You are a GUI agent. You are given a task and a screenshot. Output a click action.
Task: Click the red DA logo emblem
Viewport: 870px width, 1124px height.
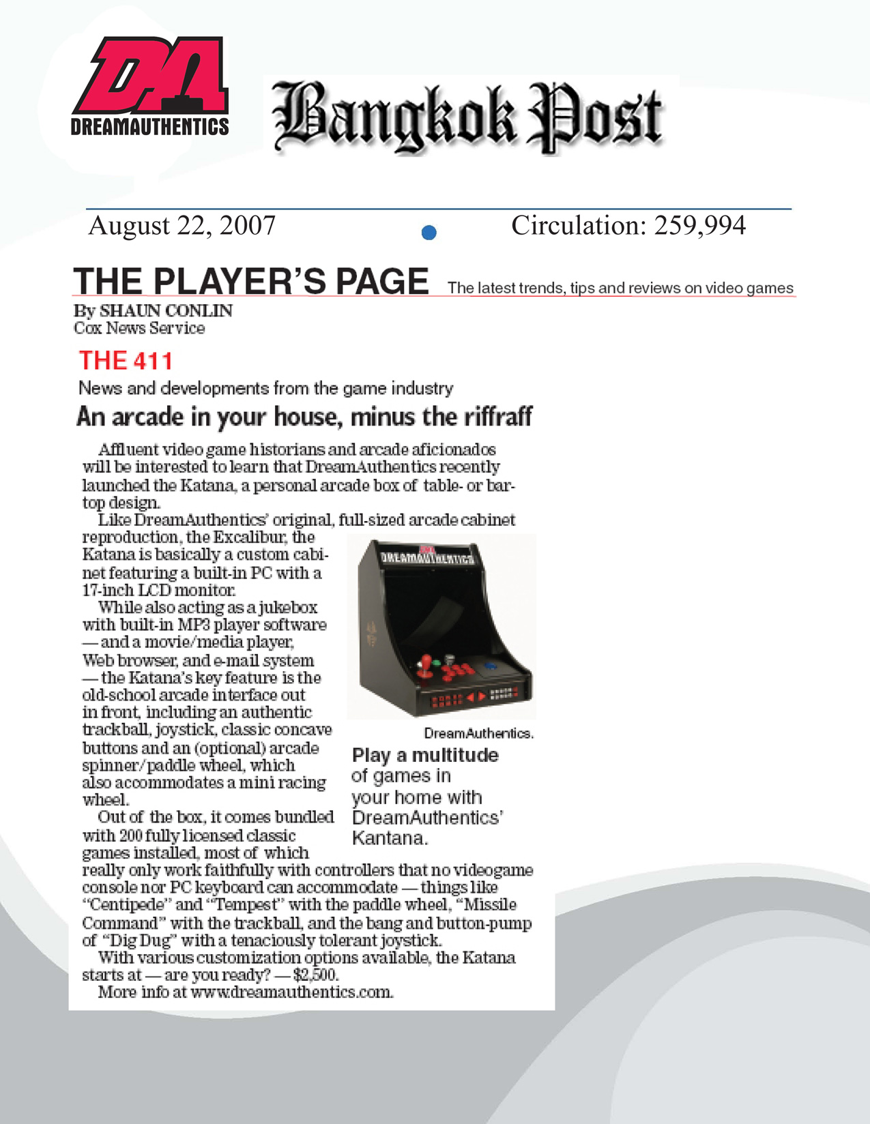[x=151, y=75]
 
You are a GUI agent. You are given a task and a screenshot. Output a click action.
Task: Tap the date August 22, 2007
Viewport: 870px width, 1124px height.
[x=182, y=226]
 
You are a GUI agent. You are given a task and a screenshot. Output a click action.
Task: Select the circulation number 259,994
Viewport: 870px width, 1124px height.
[x=700, y=226]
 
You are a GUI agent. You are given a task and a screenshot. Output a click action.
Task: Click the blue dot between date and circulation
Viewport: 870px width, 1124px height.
[x=429, y=233]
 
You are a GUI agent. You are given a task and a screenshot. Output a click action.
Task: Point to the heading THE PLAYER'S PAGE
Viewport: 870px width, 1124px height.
[x=250, y=282]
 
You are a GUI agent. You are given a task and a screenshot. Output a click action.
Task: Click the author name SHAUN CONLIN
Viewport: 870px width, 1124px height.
[x=166, y=311]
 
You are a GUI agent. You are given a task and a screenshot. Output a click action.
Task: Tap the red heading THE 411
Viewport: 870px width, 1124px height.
[x=126, y=360]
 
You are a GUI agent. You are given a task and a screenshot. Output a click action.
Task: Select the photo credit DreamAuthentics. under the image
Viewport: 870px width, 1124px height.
[x=478, y=734]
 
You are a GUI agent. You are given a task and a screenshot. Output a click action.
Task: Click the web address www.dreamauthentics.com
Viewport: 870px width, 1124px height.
[x=291, y=992]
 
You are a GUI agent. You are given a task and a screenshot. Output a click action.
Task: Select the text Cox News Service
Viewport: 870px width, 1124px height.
[x=139, y=328]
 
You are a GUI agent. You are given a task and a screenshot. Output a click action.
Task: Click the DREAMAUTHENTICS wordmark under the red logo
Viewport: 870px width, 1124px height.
[x=149, y=127]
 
